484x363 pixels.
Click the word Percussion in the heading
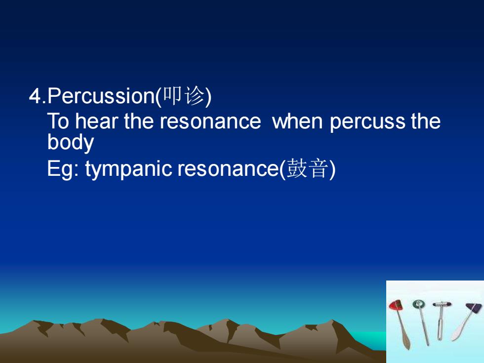coord(101,96)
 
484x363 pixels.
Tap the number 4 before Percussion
coord(35,96)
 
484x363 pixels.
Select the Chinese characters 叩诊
coord(183,96)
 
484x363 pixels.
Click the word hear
coord(97,121)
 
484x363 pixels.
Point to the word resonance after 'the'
coord(210,121)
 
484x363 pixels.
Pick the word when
coord(297,121)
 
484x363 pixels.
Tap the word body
coord(70,142)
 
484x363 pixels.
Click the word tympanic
coord(128,169)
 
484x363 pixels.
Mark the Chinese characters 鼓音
coord(307,168)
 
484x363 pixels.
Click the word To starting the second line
coord(58,121)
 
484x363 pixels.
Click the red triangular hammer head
coord(396,305)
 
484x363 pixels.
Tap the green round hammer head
coord(419,305)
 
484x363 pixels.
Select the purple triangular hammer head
coord(474,307)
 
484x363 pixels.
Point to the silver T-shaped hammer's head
coord(442,304)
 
